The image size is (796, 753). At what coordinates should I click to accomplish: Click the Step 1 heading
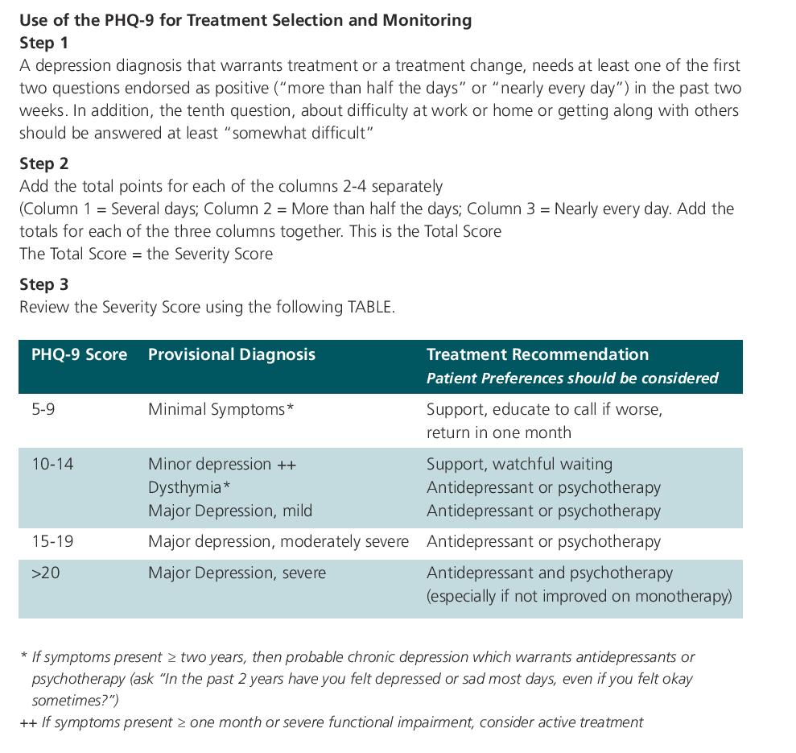44,43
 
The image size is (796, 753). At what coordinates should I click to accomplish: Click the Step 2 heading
44,163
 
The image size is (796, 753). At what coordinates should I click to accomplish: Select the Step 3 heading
44,284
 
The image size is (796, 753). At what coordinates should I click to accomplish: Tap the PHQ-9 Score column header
79,354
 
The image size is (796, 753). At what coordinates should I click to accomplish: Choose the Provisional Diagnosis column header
232,354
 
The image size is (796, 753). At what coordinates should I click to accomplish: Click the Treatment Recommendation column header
537,354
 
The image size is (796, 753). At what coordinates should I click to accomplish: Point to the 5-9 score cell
43,409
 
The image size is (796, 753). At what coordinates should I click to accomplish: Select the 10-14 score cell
52,464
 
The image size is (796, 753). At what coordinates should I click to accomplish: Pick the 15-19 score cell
52,541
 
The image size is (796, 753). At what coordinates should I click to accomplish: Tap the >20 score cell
46,573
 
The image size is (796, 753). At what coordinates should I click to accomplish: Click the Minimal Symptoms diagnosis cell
221,409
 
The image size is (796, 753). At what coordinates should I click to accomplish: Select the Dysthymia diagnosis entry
189,487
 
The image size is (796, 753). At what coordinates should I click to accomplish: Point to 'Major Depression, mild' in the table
230,511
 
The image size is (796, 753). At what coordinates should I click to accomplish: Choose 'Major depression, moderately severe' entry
278,541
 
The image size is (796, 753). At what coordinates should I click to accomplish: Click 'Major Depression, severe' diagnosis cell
237,573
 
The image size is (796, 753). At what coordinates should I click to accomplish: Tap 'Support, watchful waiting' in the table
519,464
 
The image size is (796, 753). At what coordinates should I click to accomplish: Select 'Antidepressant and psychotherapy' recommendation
549,573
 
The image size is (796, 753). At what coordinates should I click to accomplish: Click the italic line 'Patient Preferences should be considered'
571,378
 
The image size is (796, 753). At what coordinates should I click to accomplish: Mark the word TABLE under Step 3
369,307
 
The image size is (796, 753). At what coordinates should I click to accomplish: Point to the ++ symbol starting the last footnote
28,722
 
